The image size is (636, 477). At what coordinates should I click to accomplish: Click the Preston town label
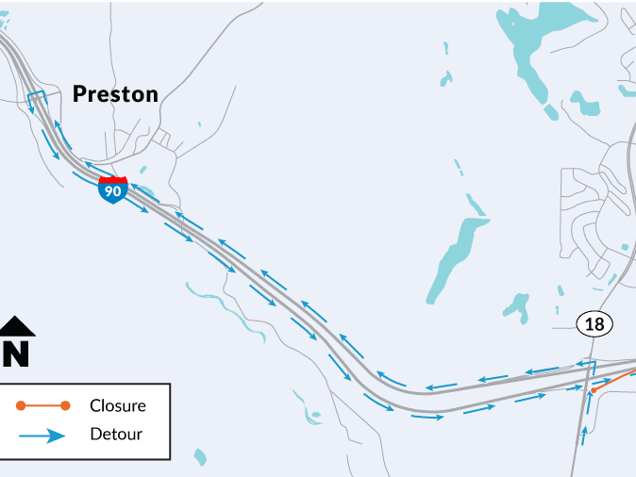point(115,93)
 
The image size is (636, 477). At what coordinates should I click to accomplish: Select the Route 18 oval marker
point(594,324)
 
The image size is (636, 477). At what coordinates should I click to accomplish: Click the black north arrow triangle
point(16,326)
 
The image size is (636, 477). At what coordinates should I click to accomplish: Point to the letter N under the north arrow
point(16,353)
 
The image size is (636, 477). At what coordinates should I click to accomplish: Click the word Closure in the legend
point(118,406)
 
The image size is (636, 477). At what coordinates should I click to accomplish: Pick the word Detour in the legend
point(116,435)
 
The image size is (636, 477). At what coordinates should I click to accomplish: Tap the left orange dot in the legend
point(21,406)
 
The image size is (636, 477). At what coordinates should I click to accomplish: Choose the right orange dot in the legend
point(65,406)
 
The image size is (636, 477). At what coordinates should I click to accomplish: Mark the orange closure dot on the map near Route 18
point(594,388)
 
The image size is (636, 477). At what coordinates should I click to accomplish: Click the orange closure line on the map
point(615,378)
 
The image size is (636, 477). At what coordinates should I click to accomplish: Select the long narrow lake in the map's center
point(453,258)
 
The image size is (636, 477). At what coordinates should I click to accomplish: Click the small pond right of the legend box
point(199,457)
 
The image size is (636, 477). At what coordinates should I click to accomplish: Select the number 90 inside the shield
point(112,191)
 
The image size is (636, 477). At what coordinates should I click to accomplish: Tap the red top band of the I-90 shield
point(112,179)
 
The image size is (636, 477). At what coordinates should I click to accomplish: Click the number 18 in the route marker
point(594,324)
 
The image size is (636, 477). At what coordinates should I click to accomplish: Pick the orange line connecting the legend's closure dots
point(43,406)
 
